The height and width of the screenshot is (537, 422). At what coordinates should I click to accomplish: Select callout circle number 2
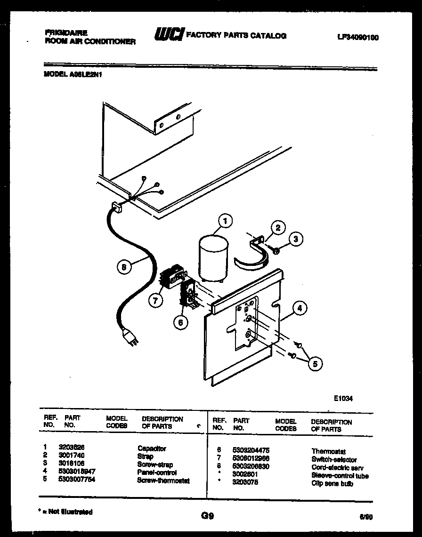click(278, 228)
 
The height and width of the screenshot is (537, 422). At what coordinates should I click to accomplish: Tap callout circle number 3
click(295, 240)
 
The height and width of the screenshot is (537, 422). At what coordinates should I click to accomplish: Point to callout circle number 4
click(300, 309)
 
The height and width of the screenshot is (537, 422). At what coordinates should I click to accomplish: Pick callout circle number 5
click(315, 363)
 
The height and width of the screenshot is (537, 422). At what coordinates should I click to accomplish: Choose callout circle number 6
click(180, 322)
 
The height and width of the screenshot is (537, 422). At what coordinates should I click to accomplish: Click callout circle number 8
click(123, 267)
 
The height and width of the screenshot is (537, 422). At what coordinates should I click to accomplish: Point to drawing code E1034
click(343, 398)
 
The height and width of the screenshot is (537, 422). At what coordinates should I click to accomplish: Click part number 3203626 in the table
click(71, 449)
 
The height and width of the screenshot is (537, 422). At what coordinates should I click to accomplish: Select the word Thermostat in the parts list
click(328, 451)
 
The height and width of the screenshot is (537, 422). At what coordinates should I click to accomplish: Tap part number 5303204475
click(252, 451)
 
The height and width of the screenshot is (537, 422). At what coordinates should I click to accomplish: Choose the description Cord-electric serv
click(337, 468)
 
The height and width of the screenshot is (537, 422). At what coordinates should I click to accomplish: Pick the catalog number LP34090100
click(358, 38)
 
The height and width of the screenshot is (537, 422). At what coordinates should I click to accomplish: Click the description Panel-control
click(157, 473)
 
